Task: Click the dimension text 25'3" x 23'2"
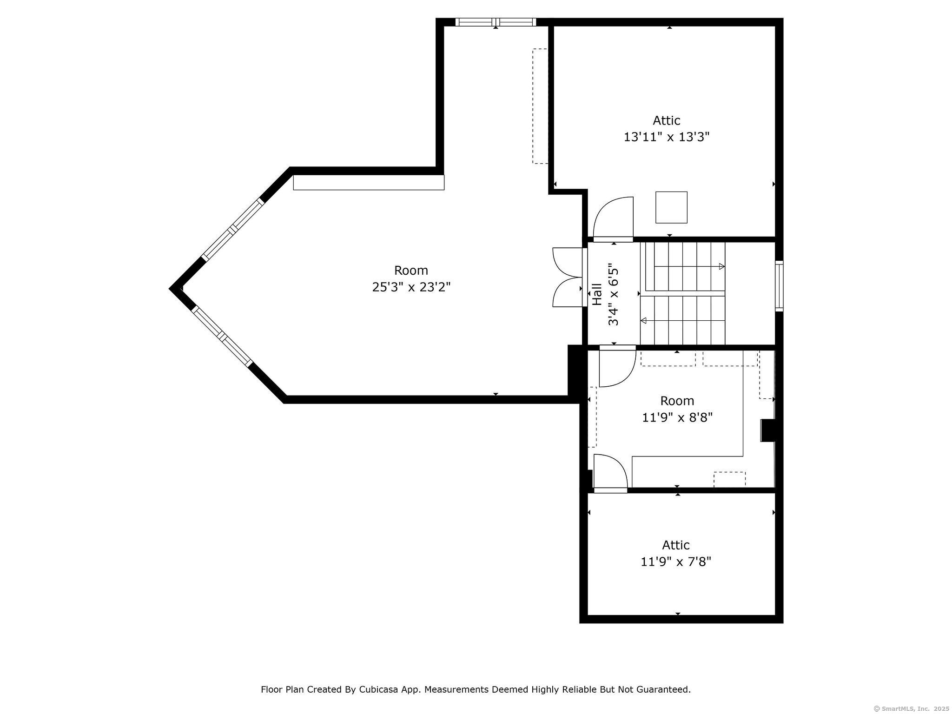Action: tap(411, 287)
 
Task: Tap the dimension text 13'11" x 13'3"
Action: tap(667, 137)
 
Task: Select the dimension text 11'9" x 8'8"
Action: tap(677, 417)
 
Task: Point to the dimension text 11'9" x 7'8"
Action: tap(676, 562)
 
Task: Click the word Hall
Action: tap(597, 295)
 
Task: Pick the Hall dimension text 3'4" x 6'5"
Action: tap(614, 295)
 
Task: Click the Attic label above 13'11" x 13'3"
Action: tap(667, 120)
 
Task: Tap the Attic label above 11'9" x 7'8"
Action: tap(676, 545)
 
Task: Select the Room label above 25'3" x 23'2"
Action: tap(411, 270)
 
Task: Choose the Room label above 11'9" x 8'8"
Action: tap(677, 401)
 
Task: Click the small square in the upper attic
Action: tap(671, 207)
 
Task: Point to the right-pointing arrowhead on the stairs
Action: tap(722, 266)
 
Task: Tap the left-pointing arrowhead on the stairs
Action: tap(644, 320)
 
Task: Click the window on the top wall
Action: tap(496, 22)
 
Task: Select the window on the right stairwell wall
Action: tap(779, 286)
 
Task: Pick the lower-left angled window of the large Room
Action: tap(222, 336)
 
